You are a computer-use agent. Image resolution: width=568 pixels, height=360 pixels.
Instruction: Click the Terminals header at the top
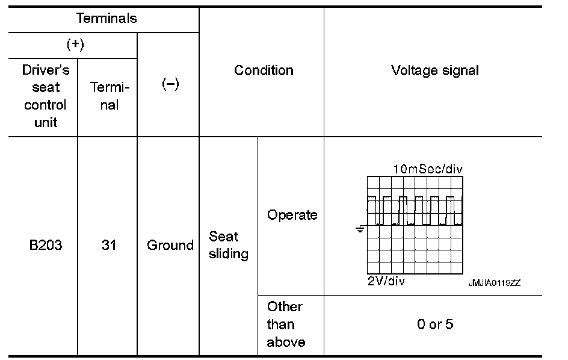point(106,19)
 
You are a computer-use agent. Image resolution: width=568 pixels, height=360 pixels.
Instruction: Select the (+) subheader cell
point(75,45)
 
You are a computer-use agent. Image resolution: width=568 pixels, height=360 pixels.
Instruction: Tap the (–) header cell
point(170,84)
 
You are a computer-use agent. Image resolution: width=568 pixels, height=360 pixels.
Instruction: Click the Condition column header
point(264,70)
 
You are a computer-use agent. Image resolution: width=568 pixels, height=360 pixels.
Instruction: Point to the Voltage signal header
point(435,70)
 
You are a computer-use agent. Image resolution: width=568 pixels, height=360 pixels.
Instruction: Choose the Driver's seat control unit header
point(46,96)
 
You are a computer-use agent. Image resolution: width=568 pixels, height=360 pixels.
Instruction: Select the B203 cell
point(46,246)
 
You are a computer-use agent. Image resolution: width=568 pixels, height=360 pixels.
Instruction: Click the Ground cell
point(170,246)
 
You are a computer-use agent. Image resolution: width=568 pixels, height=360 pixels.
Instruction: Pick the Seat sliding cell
point(229,245)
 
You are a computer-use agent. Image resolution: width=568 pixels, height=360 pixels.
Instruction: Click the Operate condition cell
point(292,215)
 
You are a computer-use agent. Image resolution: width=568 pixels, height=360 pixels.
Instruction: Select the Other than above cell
point(286,324)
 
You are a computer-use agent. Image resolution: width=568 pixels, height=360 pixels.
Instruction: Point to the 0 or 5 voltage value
point(435,324)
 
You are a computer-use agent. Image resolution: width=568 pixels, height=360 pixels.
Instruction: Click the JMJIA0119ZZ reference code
point(495,283)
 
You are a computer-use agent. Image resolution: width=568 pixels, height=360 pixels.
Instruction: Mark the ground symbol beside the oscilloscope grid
point(359,229)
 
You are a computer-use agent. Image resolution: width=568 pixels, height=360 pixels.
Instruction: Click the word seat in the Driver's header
point(46,87)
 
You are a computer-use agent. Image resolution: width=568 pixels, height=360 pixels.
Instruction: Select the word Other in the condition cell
point(285,306)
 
